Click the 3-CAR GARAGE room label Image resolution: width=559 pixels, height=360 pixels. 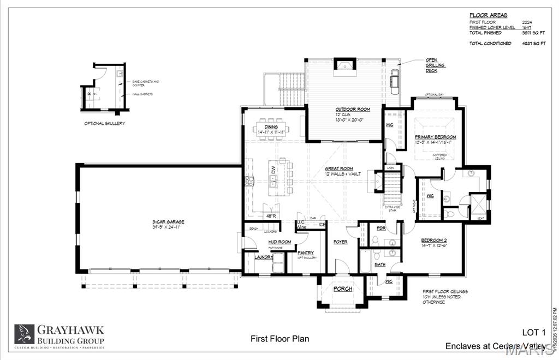[168, 221]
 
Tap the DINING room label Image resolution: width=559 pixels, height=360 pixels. [271, 127]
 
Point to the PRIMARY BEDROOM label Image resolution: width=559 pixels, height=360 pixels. [435, 137]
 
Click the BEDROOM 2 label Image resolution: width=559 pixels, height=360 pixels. [435, 240]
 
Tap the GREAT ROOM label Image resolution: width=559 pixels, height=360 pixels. [339, 169]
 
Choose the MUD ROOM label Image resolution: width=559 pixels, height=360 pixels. [279, 242]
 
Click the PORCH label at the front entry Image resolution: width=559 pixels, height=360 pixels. [343, 289]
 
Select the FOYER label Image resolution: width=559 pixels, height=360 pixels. [341, 242]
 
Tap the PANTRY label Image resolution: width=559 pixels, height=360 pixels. [305, 252]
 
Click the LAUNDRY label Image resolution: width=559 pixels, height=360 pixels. [264, 257]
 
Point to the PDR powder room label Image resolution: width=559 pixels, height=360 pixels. [381, 228]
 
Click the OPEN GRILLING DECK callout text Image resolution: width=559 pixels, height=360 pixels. [435, 65]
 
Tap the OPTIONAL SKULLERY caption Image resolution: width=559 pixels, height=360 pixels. [104, 124]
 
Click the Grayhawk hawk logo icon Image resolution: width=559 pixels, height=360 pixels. [25, 333]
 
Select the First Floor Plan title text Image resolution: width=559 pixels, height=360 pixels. [279, 339]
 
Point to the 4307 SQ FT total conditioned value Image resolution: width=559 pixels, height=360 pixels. [534, 43]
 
